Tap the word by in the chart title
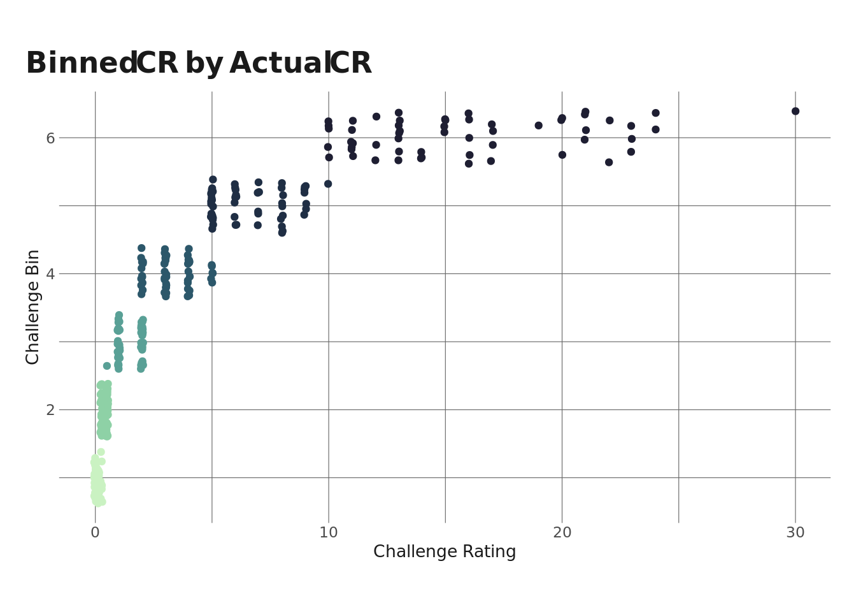point(204,64)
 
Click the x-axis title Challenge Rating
point(445,552)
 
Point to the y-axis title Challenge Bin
point(33,307)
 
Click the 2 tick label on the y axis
point(50,410)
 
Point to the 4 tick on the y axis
point(50,274)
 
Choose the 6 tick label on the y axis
point(50,138)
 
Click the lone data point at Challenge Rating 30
point(795,112)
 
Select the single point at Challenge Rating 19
point(539,126)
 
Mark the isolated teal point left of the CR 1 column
point(107,366)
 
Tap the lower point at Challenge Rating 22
point(609,163)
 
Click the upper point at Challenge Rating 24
point(655,113)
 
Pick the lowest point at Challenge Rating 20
point(562,155)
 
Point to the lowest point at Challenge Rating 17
point(491,161)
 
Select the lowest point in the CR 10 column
point(328,184)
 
